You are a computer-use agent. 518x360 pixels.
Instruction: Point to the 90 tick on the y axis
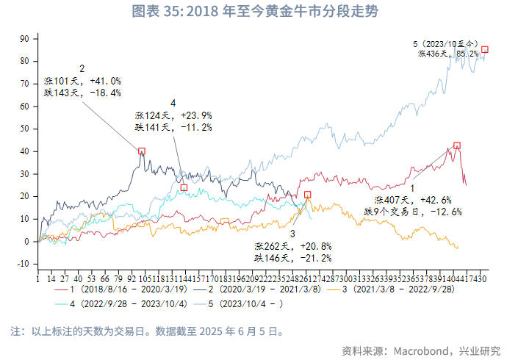click(x=24, y=38)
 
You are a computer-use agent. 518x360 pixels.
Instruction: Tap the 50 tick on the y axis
click(x=24, y=129)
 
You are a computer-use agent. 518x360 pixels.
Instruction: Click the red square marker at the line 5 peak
click(x=485, y=50)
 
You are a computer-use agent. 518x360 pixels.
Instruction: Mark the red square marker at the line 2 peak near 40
click(x=142, y=151)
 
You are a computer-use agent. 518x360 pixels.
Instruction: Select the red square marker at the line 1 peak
click(x=457, y=145)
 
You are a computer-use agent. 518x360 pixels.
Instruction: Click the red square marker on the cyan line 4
click(x=184, y=187)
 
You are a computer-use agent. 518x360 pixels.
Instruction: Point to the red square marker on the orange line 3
click(x=308, y=195)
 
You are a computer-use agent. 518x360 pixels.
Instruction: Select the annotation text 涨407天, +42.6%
click(x=412, y=200)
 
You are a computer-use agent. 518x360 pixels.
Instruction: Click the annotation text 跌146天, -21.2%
click(x=293, y=258)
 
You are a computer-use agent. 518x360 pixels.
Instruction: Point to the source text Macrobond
click(x=427, y=349)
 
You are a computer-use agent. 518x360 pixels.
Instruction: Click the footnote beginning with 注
click(x=147, y=331)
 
